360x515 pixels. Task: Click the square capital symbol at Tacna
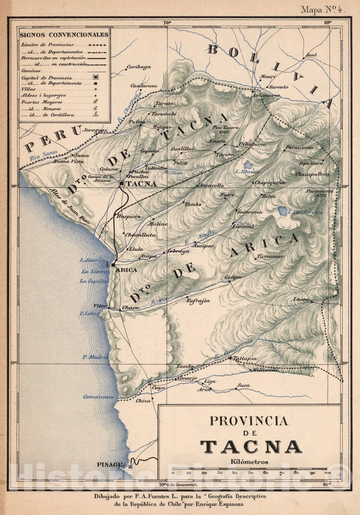click(122, 183)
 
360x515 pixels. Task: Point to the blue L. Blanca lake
click(247, 164)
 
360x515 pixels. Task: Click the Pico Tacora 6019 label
click(225, 129)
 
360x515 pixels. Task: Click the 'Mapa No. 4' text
click(322, 10)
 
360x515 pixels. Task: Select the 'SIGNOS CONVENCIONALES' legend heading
click(64, 35)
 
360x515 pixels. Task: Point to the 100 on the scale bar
click(327, 473)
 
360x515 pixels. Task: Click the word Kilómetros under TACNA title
click(249, 462)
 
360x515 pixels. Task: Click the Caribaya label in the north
click(138, 67)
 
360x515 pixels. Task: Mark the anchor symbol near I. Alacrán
click(107, 265)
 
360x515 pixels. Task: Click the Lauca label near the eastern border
click(301, 299)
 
